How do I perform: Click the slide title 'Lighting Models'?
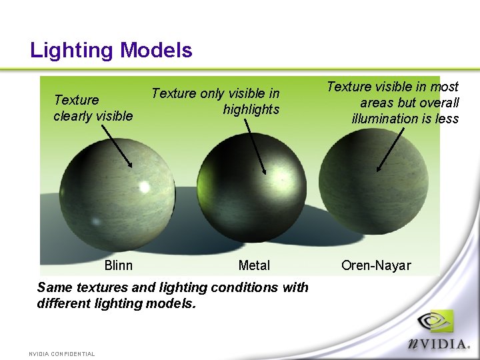[111, 50]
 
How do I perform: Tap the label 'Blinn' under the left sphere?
[119, 265]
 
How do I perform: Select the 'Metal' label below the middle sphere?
[254, 265]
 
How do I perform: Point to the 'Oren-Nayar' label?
[376, 265]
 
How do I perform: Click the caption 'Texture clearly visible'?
[93, 108]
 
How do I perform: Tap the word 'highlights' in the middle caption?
[251, 109]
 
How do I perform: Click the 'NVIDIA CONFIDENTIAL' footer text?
[62, 354]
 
